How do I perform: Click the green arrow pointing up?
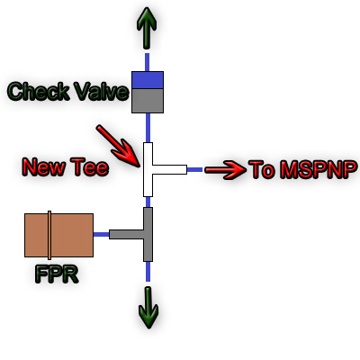[147, 28]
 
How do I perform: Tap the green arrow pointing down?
[148, 308]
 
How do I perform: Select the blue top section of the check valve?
[148, 80]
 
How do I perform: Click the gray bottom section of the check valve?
[148, 101]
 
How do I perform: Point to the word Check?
[38, 91]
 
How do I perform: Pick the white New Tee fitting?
[148, 169]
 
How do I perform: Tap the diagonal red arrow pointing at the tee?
[118, 146]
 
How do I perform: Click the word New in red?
[44, 166]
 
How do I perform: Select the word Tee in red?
[89, 166]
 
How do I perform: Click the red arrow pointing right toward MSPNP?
[225, 170]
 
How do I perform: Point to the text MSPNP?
[319, 170]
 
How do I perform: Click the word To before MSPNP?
[262, 170]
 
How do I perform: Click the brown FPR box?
[58, 235]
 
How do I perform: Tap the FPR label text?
[57, 274]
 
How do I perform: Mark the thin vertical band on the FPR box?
[49, 235]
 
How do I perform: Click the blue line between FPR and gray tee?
[101, 235]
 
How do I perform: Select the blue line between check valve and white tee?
[148, 128]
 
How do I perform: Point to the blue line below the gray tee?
[148, 272]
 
